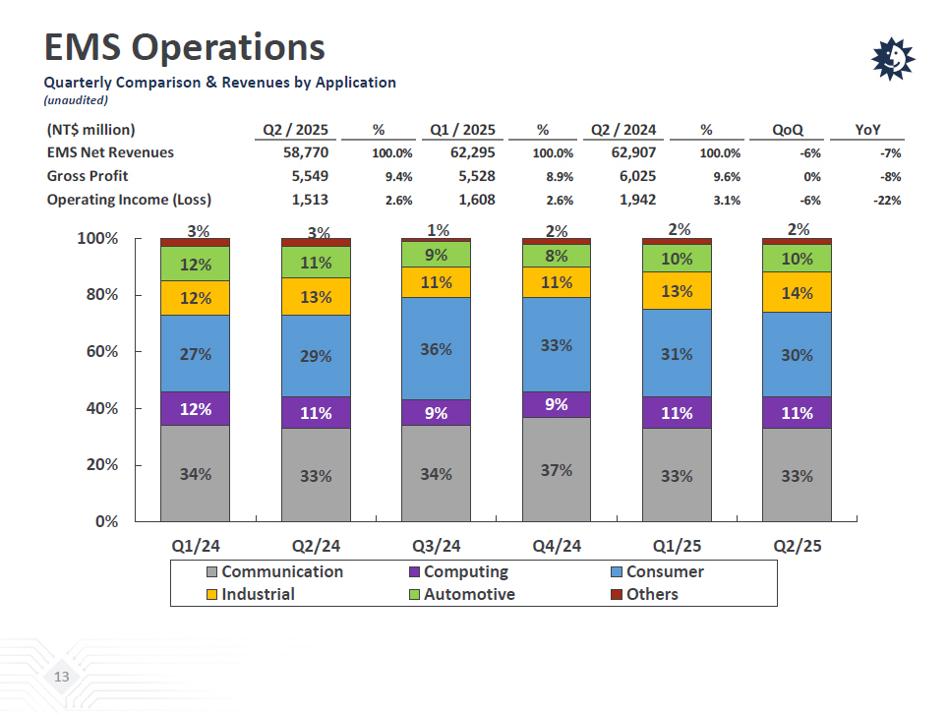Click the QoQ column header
(788, 130)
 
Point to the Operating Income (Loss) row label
(129, 200)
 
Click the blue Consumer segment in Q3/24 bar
(436, 348)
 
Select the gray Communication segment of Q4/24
(556, 469)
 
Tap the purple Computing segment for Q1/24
(196, 408)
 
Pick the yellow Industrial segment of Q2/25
(797, 292)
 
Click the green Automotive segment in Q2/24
(316, 263)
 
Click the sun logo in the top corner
(893, 59)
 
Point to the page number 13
(62, 677)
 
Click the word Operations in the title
(228, 47)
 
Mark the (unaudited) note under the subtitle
(77, 100)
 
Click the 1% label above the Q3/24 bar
(438, 230)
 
